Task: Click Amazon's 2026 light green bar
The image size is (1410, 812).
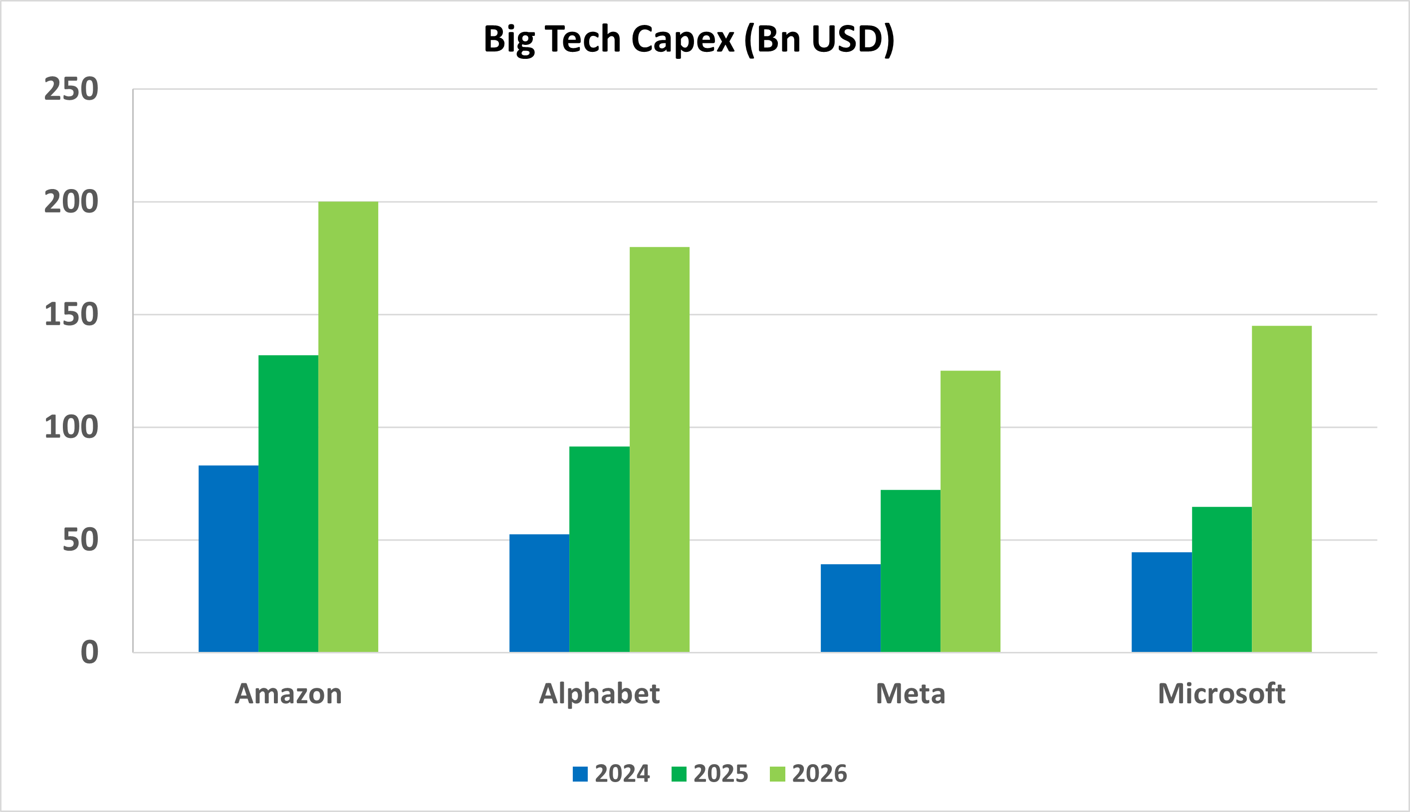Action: click(348, 426)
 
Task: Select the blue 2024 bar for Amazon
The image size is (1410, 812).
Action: click(228, 558)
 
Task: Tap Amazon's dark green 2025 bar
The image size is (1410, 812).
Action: click(288, 503)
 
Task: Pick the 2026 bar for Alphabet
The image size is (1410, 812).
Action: click(659, 449)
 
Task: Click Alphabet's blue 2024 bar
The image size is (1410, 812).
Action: click(539, 593)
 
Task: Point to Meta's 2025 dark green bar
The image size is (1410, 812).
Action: click(910, 571)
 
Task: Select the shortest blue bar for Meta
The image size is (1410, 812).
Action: click(851, 608)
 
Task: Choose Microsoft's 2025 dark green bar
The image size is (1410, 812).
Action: click(1221, 579)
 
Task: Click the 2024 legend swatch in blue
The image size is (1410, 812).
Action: click(580, 774)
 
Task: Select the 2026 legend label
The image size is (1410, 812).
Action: click(819, 774)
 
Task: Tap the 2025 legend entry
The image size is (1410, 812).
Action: click(720, 774)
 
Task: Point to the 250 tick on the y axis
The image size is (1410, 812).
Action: click(71, 89)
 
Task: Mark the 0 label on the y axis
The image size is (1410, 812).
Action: click(89, 652)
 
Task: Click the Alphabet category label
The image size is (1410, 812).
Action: click(599, 694)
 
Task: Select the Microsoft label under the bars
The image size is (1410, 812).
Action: click(1221, 694)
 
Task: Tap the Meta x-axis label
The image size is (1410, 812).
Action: click(910, 694)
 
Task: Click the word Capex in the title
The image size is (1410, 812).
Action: click(683, 40)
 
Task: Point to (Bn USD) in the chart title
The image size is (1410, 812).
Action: click(819, 40)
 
